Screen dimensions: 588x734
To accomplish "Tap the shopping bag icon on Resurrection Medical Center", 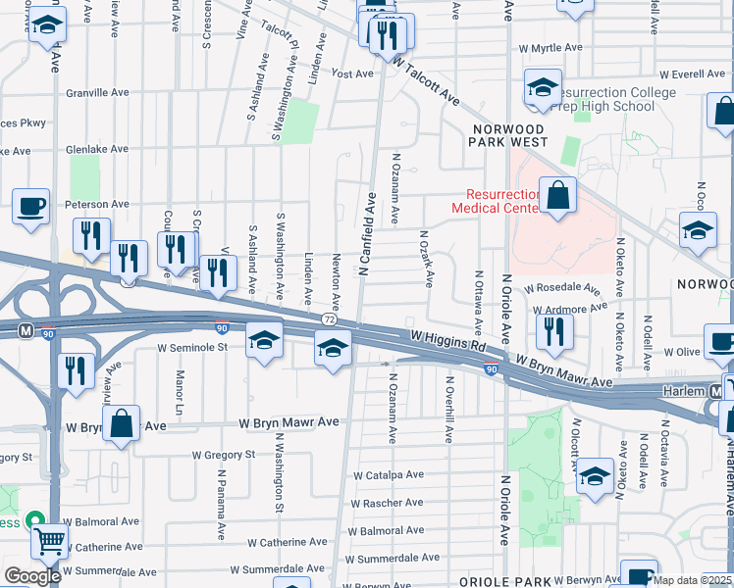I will click(x=556, y=195).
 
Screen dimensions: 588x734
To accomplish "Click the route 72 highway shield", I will click(x=330, y=319).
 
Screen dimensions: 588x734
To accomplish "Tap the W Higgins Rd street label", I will click(x=448, y=344).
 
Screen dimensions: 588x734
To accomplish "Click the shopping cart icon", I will click(x=49, y=539).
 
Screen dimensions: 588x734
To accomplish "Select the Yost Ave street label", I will click(x=352, y=73).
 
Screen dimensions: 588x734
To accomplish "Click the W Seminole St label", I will click(x=193, y=346).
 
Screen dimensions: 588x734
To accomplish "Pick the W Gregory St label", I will click(x=223, y=455).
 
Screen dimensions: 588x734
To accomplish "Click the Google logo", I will click(x=31, y=576).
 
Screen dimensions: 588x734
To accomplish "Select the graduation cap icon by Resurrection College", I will click(x=541, y=88).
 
